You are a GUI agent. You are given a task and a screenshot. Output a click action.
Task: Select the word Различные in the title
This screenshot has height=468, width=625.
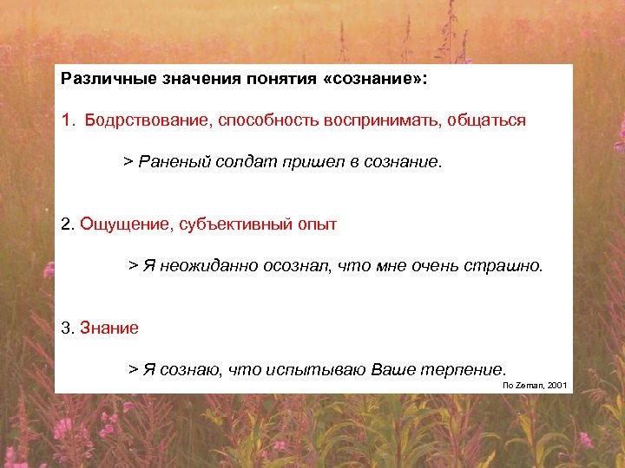pos(102,79)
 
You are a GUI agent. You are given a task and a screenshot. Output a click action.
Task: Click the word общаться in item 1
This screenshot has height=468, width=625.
pos(486,120)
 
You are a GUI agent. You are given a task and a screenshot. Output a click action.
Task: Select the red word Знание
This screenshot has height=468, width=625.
pos(109,328)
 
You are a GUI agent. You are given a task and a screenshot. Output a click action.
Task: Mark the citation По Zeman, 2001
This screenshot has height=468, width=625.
pos(535,384)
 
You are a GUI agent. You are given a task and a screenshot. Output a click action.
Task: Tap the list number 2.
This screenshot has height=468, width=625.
pos(68,224)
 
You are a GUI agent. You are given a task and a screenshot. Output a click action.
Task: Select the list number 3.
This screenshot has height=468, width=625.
pos(68,328)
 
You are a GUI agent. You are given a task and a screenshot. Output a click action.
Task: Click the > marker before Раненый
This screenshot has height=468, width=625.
pos(128,162)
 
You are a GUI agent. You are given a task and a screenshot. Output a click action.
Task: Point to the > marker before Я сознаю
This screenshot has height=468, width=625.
pos(134,369)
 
